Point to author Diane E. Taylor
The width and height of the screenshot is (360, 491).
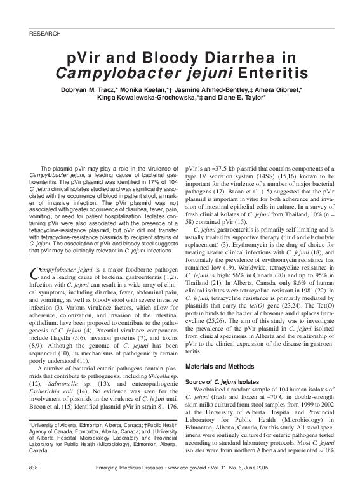[239, 98]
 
